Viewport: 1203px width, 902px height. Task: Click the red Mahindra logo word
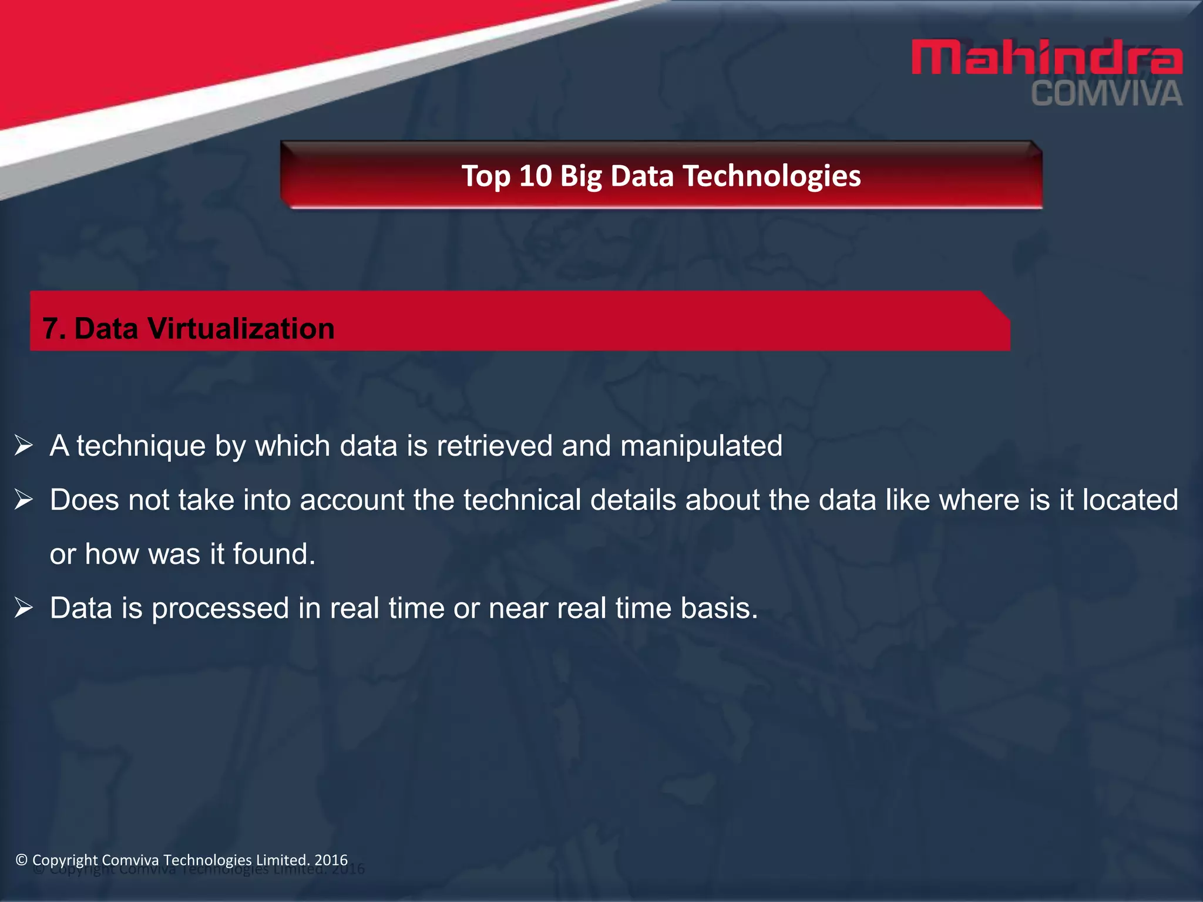(x=1047, y=58)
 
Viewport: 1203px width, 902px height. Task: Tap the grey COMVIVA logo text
(x=1107, y=95)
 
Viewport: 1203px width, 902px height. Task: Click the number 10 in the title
(x=535, y=176)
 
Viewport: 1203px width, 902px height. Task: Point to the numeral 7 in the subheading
(x=51, y=328)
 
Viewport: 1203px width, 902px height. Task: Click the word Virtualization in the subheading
(x=241, y=328)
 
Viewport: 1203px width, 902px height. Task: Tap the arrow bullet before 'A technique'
(x=23, y=446)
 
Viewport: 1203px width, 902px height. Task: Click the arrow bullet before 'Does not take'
(x=23, y=500)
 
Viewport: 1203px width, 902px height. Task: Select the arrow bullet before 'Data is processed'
(x=23, y=608)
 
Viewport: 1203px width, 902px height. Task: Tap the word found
(x=274, y=554)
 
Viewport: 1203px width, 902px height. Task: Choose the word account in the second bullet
(x=352, y=500)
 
